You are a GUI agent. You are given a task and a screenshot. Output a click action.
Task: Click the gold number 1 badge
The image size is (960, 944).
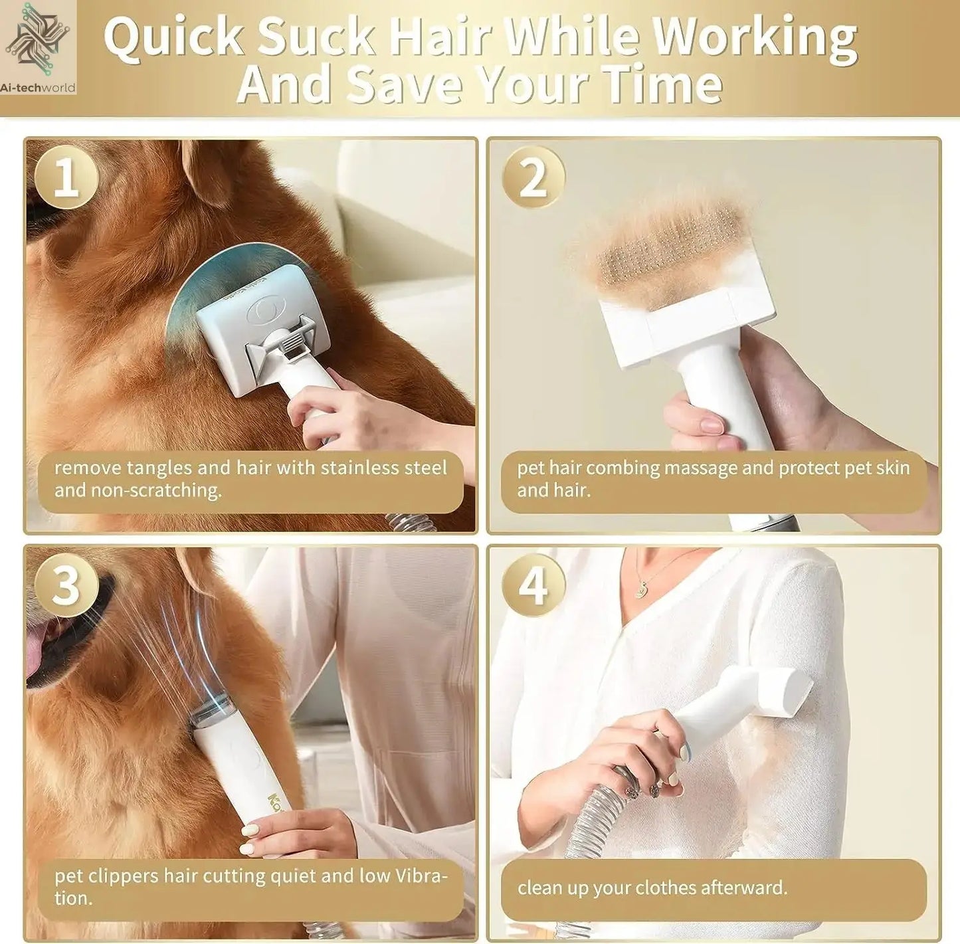66,177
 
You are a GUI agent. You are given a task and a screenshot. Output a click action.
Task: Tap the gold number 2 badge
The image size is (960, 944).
533,177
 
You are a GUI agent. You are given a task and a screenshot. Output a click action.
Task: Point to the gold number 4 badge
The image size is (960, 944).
533,585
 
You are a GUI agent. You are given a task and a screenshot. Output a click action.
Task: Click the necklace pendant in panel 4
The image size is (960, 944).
642,589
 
